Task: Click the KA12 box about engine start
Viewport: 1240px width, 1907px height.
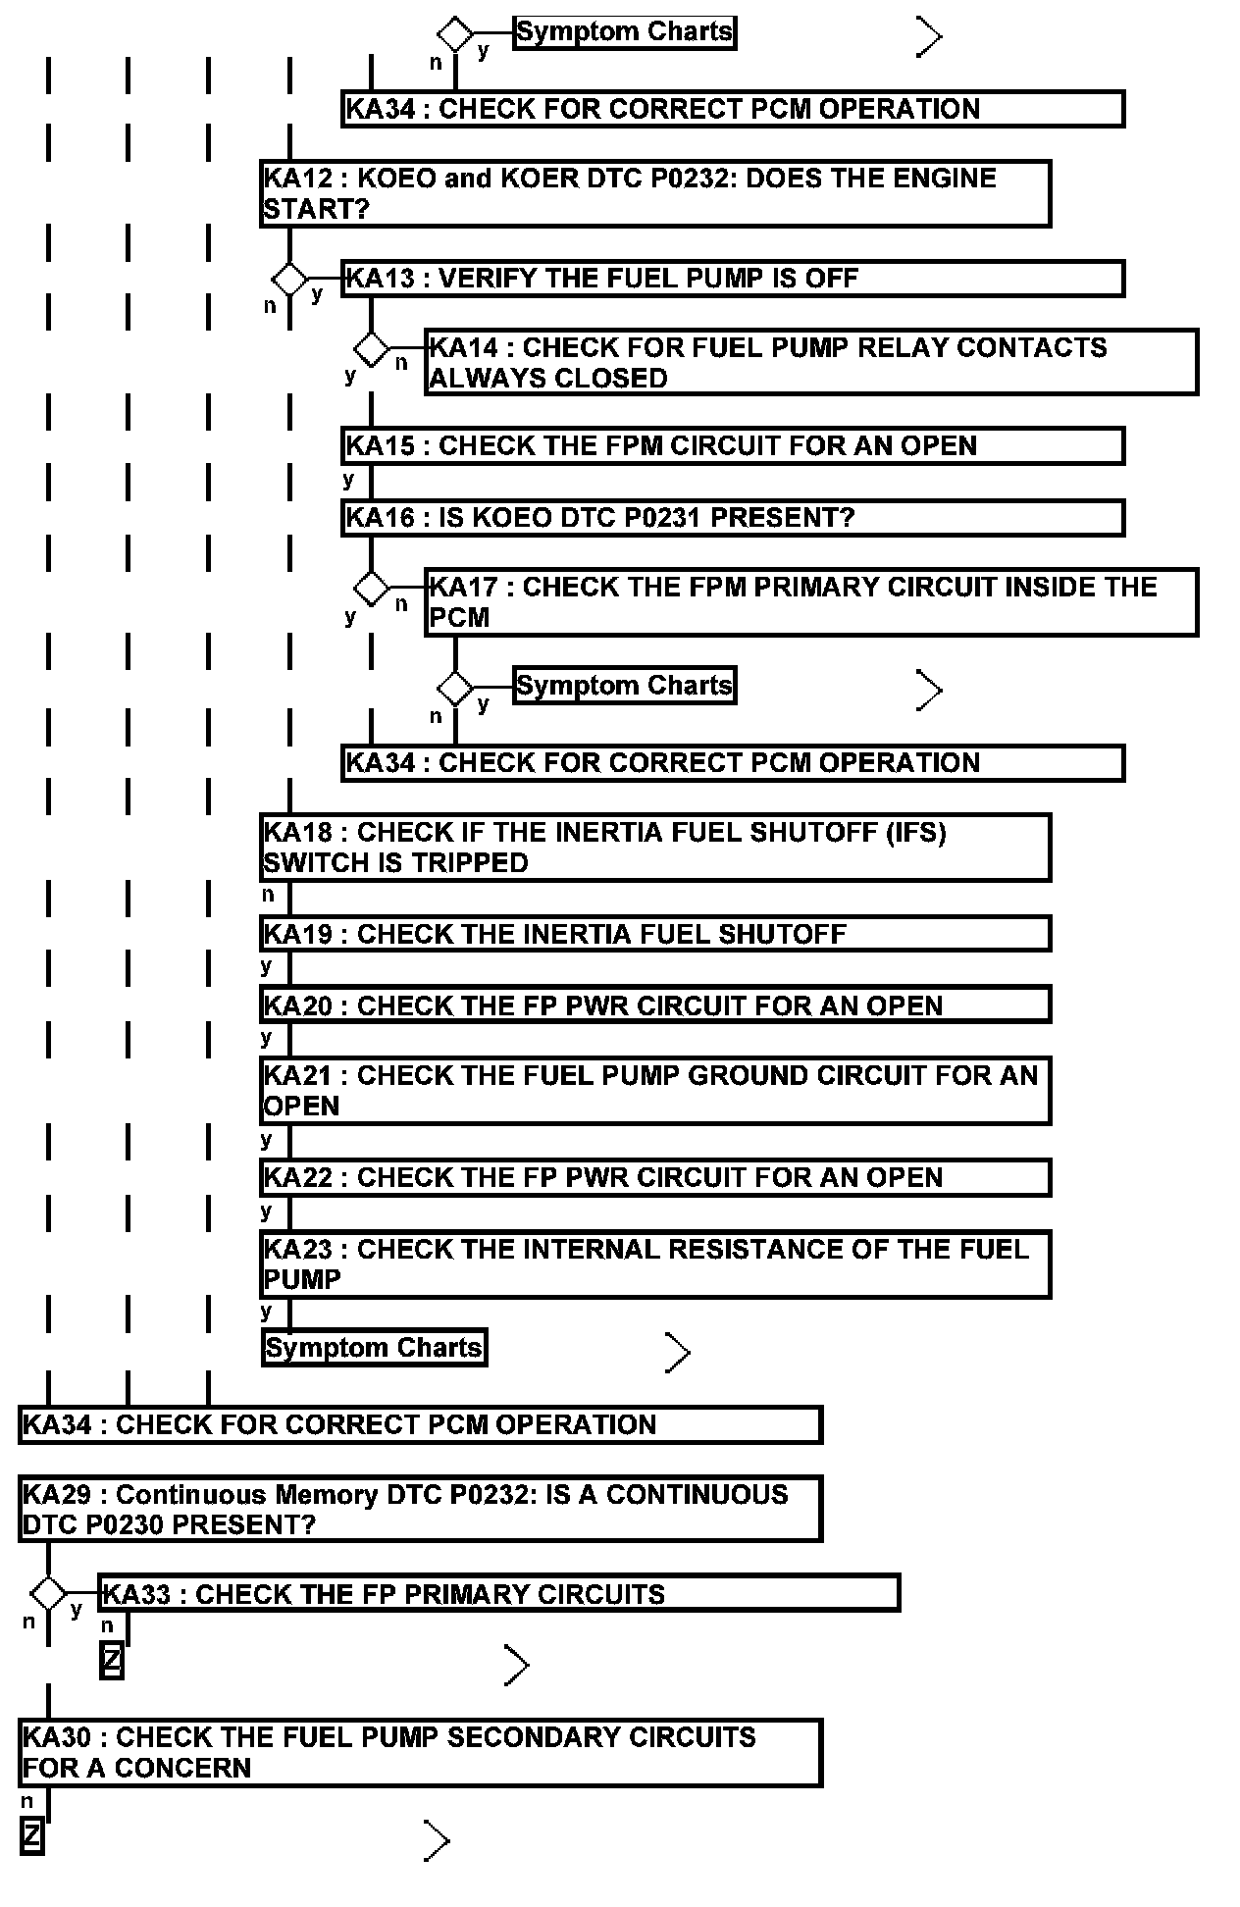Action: [x=655, y=193]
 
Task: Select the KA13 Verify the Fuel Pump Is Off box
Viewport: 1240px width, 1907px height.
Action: [x=732, y=279]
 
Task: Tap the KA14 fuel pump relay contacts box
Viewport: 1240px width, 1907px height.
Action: [x=811, y=363]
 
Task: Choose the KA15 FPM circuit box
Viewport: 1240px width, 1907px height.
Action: [x=732, y=446]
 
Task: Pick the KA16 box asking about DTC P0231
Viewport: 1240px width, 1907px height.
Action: [x=732, y=518]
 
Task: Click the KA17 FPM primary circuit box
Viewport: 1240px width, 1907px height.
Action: [x=811, y=601]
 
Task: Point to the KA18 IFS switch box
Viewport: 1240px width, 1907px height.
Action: [x=655, y=848]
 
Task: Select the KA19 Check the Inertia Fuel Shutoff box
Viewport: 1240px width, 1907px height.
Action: [x=655, y=934]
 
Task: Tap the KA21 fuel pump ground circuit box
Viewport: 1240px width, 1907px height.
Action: [x=655, y=1091]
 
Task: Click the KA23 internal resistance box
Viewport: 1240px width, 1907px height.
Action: [x=655, y=1264]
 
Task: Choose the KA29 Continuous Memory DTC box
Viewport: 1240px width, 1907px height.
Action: [x=420, y=1510]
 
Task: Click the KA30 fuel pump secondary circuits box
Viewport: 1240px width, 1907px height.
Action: [x=420, y=1752]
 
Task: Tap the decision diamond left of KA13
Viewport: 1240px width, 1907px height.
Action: [x=289, y=280]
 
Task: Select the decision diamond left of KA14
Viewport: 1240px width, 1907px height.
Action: [x=371, y=348]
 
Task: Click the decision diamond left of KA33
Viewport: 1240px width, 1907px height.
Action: [x=48, y=1594]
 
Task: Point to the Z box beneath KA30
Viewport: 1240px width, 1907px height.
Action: [x=32, y=1836]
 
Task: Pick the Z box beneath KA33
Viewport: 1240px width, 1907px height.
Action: [x=112, y=1661]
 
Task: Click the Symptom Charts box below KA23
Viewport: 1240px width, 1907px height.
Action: [x=374, y=1348]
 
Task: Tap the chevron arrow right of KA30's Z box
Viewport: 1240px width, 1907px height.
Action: [x=437, y=1841]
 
